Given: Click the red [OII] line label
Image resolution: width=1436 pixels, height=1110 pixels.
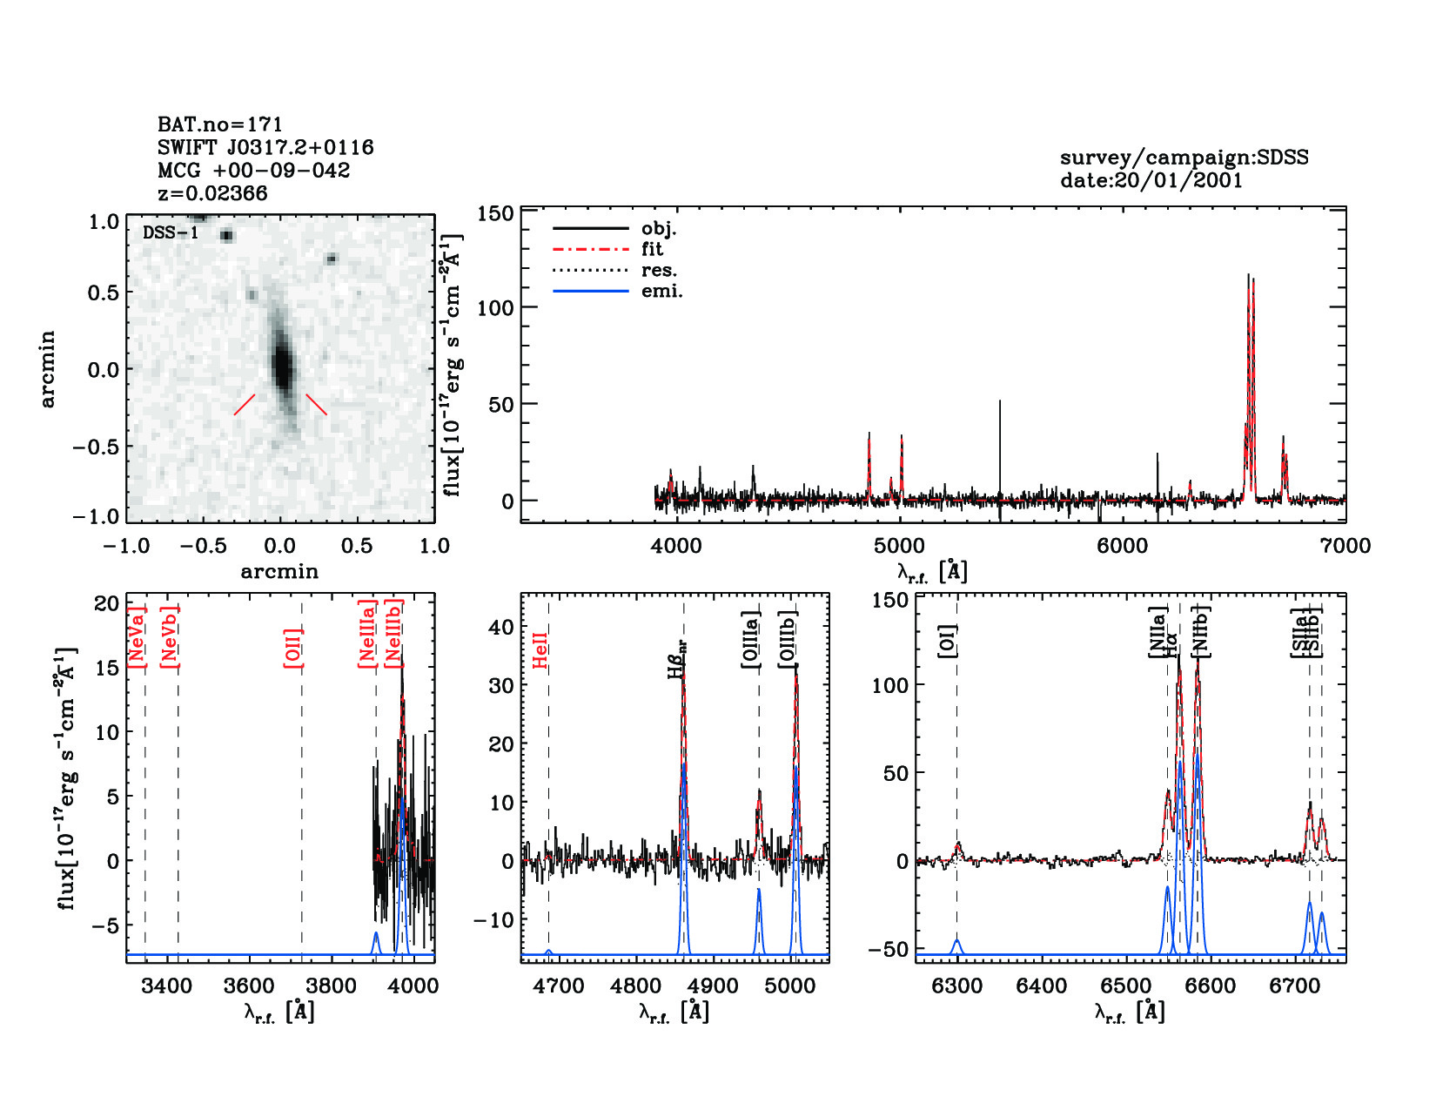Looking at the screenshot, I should [x=293, y=647].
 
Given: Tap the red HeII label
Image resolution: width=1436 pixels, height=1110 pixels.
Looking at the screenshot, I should [x=540, y=650].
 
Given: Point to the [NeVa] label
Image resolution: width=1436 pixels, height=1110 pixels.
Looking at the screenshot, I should [x=137, y=636].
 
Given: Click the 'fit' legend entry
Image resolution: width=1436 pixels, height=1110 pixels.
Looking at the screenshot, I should [x=652, y=250].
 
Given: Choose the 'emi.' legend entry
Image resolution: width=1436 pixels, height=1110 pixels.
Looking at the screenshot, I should [x=661, y=292].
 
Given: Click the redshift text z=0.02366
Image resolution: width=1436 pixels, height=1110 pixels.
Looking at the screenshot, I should [x=212, y=193].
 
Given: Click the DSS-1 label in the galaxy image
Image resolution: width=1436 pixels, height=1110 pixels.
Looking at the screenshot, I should [x=171, y=233].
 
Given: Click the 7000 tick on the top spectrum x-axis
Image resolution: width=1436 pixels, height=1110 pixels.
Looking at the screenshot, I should [x=1345, y=546].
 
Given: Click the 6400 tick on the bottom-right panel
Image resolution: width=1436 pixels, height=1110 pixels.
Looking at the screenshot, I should [x=1042, y=986].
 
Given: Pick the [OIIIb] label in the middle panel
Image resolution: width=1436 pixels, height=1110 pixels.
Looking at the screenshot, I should [x=788, y=640].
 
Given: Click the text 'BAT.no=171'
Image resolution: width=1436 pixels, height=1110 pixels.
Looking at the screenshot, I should [x=219, y=125].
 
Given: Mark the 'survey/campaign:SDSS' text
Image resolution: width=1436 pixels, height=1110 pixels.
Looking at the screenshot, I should [x=1184, y=158].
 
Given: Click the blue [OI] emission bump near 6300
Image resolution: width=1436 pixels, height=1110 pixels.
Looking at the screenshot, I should [x=956, y=945].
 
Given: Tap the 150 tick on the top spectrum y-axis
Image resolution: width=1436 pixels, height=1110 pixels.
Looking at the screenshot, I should [x=495, y=213].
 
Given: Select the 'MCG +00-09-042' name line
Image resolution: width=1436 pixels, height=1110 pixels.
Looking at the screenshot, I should [x=253, y=171].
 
